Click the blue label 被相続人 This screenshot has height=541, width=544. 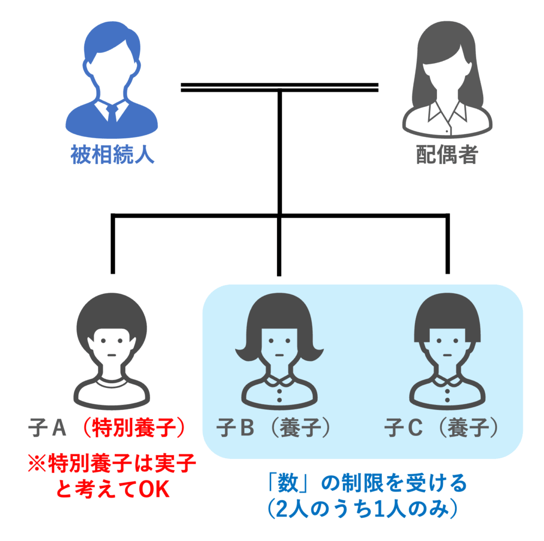[x=113, y=155]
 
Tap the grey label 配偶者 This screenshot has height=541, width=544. [x=447, y=155]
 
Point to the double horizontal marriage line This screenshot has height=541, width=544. [x=280, y=87]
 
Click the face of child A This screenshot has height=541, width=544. [x=112, y=348]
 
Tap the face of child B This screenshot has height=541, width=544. [x=279, y=348]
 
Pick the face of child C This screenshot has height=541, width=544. [x=447, y=348]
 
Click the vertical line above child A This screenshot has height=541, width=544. [x=113, y=245]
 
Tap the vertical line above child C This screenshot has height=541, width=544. [x=447, y=245]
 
